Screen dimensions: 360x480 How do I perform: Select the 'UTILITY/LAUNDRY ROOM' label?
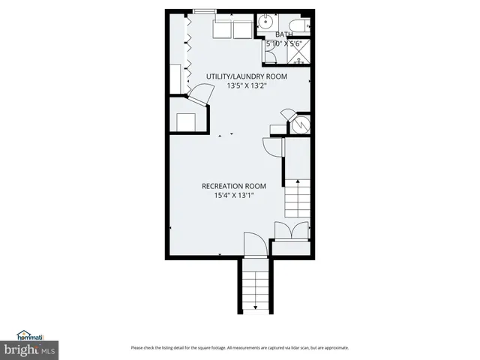point(247,76)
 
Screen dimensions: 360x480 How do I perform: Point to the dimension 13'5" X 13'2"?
point(247,85)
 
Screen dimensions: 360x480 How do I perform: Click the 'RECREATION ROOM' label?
point(234,186)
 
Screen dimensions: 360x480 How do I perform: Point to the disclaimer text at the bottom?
point(239,348)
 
